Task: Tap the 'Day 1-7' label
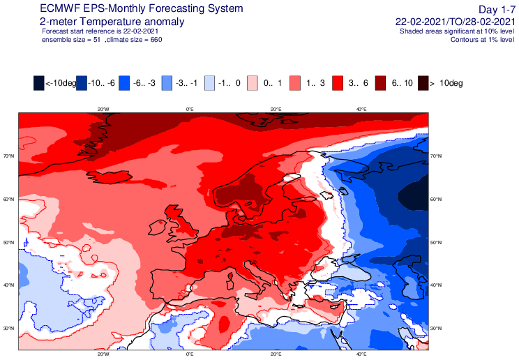pos(497,8)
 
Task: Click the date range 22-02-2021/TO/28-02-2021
pos(454,22)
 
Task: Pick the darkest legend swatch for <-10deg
pos(39,83)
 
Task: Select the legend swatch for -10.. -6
pos(82,83)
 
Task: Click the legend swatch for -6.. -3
pos(124,83)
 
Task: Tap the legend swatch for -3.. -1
pos(167,83)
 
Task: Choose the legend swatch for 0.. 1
pos(253,83)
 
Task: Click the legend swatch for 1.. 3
pos(295,83)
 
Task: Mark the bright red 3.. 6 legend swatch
pos(338,83)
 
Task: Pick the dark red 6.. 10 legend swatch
pos(381,83)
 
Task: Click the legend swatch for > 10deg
pos(423,83)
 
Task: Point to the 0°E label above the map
pos(189,109)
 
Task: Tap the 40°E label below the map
pos(361,354)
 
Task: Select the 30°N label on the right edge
pos(436,328)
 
